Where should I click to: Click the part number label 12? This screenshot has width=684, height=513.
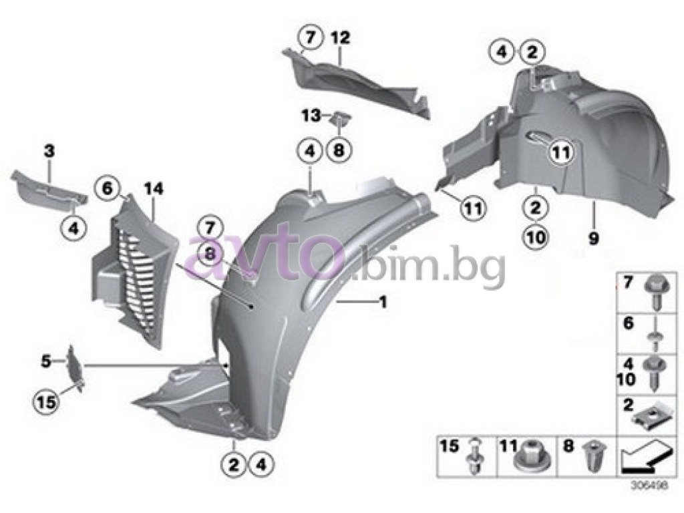[340, 38]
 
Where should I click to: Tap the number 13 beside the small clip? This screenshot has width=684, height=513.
[311, 116]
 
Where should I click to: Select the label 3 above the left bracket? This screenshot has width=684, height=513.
[49, 152]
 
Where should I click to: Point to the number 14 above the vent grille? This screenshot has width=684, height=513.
[153, 189]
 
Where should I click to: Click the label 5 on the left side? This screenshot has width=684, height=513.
[45, 361]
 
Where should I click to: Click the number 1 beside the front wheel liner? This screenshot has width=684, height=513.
[383, 302]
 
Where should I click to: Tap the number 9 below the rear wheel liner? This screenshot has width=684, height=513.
[593, 238]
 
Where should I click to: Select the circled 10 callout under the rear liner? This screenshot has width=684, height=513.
[536, 237]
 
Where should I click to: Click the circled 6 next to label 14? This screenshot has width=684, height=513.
[108, 189]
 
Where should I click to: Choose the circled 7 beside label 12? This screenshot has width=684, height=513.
[310, 37]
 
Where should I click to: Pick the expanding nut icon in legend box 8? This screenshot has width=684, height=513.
[592, 457]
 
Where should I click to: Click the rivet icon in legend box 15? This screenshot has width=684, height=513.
[475, 456]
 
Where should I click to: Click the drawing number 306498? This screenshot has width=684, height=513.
[648, 485]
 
